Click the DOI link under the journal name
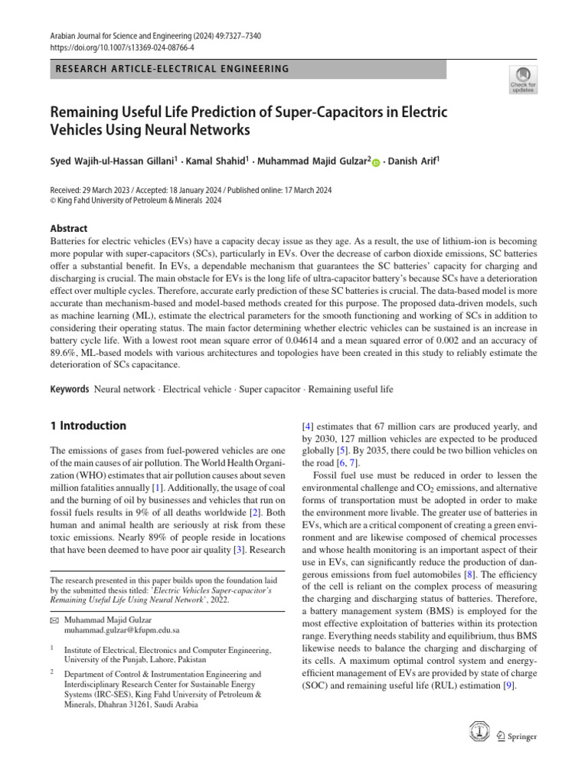111,46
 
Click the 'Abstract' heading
69,228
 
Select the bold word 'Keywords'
70,389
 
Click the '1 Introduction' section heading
88,425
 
